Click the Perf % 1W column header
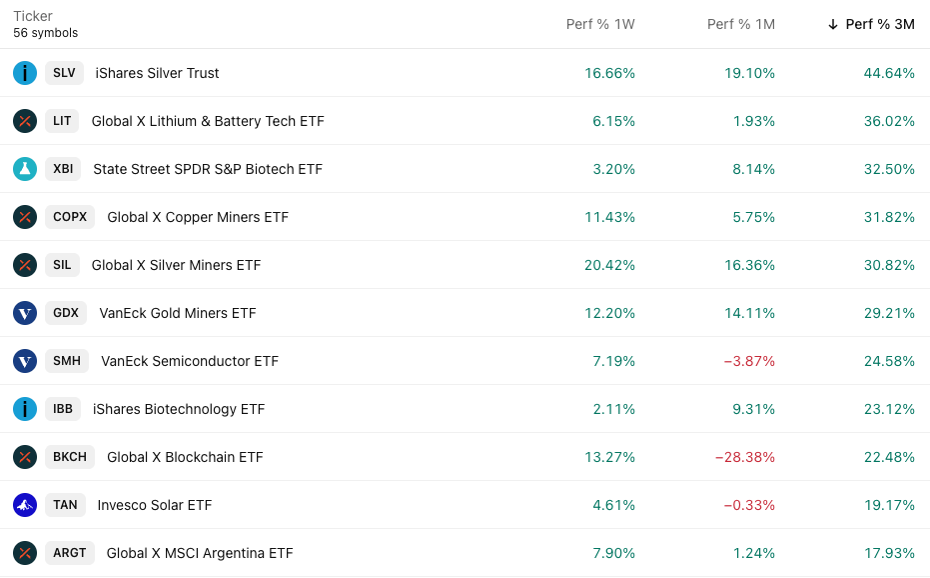[x=600, y=24]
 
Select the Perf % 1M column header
[x=740, y=24]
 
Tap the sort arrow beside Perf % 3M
[x=833, y=24]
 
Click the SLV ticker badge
[x=64, y=73]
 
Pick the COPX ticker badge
[x=70, y=217]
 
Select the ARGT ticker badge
[x=70, y=553]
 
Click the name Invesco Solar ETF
[x=155, y=505]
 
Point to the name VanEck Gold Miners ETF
[x=178, y=313]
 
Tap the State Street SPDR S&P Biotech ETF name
[x=208, y=169]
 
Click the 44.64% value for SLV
[x=889, y=73]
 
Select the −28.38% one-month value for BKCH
[x=745, y=457]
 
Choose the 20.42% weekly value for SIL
[x=609, y=265]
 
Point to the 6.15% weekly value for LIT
[x=613, y=121]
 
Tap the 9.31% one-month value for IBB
[x=753, y=409]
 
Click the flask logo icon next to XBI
[x=25, y=169]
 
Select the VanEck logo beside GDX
[x=25, y=313]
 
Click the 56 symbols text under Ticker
[x=45, y=33]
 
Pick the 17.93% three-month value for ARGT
[x=889, y=553]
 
